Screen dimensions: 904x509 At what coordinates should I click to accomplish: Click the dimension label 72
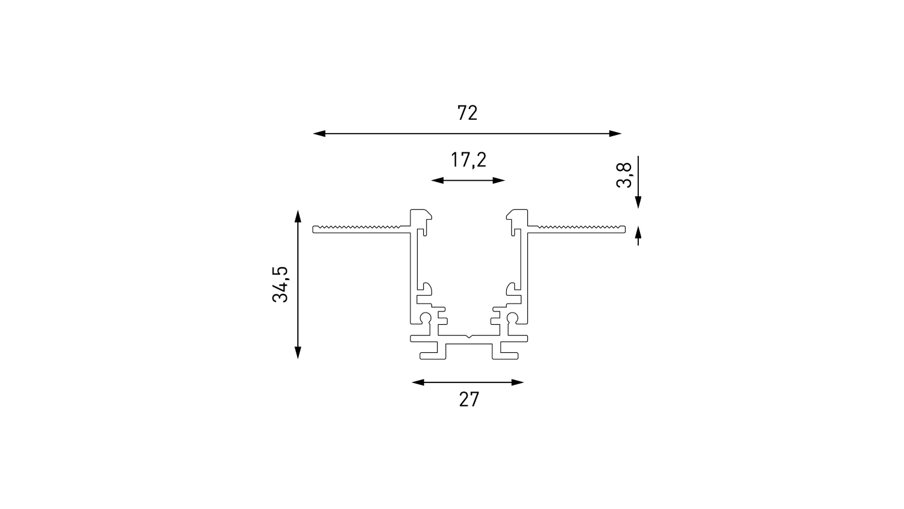(x=467, y=113)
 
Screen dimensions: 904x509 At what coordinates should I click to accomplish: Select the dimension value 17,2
(x=468, y=160)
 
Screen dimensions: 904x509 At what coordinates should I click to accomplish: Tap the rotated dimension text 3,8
(x=624, y=175)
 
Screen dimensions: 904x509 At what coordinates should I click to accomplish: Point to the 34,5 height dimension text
(x=280, y=284)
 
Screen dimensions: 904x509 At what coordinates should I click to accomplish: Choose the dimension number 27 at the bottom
(x=469, y=399)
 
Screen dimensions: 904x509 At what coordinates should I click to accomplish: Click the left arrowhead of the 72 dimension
(x=319, y=134)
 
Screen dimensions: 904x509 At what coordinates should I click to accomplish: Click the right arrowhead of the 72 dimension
(x=615, y=134)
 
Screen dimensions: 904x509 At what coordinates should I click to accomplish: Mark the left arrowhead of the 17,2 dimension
(x=437, y=180)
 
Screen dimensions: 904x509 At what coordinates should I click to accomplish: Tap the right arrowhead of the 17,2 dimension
(x=499, y=180)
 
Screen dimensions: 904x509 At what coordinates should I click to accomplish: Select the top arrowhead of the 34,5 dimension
(x=298, y=216)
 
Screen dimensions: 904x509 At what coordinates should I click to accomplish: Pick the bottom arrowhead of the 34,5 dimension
(x=298, y=352)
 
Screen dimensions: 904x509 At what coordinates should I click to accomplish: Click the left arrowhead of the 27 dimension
(x=418, y=383)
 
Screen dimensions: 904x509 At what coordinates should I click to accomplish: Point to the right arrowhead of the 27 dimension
(x=517, y=383)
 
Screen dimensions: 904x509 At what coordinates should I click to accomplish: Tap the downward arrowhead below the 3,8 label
(x=638, y=202)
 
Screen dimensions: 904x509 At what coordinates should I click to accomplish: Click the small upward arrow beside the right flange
(x=638, y=236)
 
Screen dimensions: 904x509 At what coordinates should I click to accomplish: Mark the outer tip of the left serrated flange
(x=313, y=230)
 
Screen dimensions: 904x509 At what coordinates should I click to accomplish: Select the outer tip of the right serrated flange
(x=625, y=230)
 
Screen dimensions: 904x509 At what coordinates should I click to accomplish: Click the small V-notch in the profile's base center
(x=469, y=336)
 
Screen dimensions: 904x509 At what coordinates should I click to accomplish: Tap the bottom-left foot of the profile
(x=433, y=356)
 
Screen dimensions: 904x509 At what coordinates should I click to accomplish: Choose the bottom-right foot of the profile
(x=505, y=356)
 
